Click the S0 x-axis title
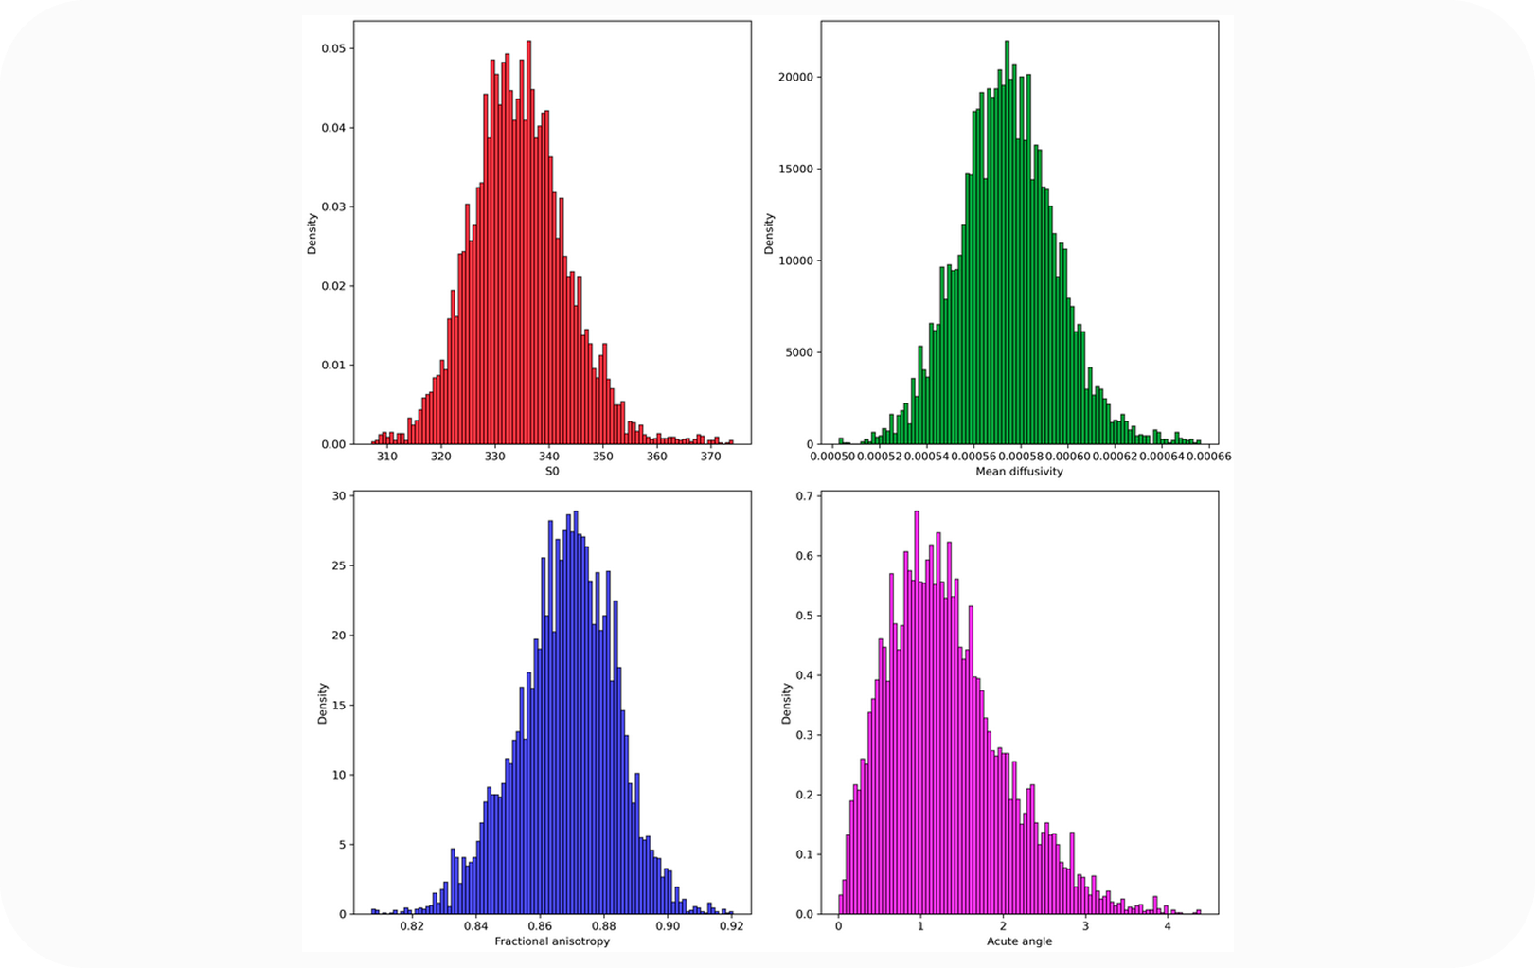pos(552,471)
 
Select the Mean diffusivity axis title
pos(1019,471)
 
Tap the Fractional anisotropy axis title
pos(552,941)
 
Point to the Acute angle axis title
pos(1019,941)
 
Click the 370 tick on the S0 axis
pos(710,457)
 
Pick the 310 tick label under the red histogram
pos(386,457)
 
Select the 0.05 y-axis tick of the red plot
pos(332,48)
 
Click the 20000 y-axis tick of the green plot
pos(794,78)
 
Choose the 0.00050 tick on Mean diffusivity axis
pos(831,457)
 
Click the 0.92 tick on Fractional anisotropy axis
pos(732,926)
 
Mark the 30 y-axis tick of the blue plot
pos(338,495)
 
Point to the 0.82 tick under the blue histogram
pos(411,926)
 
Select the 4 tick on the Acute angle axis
pos(1168,926)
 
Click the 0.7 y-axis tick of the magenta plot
pos(803,495)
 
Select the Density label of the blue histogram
pos(322,704)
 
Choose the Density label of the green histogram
pos(769,233)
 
